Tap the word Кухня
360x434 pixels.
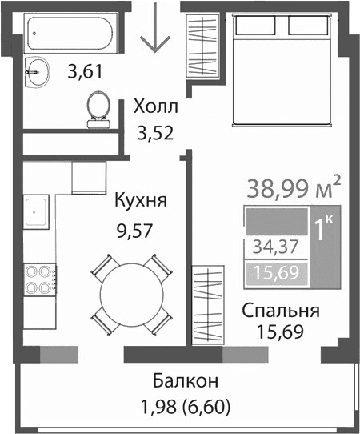pos(140,200)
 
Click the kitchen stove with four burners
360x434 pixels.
pos(37,279)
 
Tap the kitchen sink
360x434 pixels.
pos(37,213)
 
